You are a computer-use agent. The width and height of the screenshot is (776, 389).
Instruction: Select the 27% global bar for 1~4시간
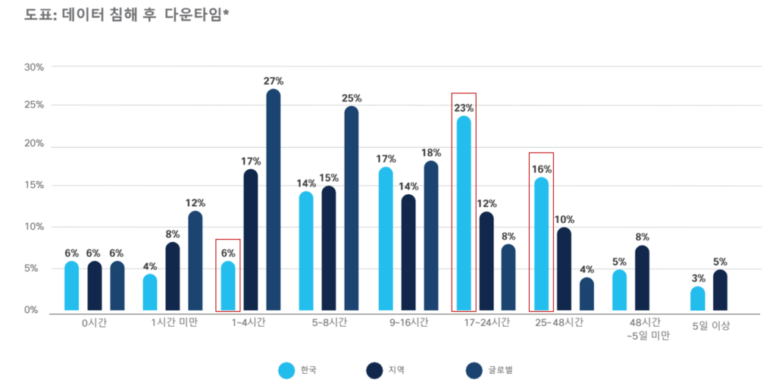pos(274,201)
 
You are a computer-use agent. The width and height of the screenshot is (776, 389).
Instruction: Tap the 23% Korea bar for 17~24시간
pos(463,214)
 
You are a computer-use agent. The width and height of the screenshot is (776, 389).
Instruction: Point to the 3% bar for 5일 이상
pos(697,299)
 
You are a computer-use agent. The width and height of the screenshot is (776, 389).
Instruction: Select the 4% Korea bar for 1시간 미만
pos(150,293)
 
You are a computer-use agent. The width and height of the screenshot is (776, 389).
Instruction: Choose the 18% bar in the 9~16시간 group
pos(430,236)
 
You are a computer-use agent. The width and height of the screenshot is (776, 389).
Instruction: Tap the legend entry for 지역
pos(385,370)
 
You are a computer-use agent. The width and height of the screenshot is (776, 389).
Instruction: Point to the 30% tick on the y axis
pos(35,67)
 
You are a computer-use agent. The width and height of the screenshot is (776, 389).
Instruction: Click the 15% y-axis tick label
pos(35,185)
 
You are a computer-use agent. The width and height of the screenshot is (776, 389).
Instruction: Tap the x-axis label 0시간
pos(95,322)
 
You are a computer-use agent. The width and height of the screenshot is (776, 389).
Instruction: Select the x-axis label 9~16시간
pos(408,322)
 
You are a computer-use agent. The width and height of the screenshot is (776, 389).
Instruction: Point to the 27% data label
pos(274,80)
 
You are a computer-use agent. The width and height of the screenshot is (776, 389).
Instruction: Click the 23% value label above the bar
pos(464,108)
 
